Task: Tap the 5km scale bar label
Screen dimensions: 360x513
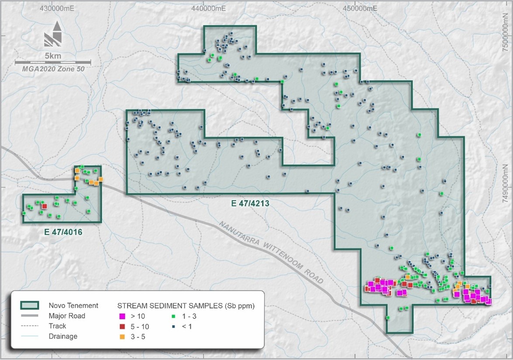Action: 53,56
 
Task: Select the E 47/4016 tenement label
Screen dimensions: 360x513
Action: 63,232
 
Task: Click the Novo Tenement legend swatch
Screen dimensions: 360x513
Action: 30,305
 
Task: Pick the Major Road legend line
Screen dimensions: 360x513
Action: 30,316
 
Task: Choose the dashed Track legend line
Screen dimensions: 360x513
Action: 30,326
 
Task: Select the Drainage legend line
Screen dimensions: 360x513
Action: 30,336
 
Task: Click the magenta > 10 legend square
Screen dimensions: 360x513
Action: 123,316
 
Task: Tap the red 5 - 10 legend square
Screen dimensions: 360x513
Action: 123,326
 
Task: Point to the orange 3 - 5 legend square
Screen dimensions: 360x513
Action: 123,336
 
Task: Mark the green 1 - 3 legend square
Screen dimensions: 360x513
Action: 173,316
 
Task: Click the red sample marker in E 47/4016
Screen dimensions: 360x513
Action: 44,206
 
